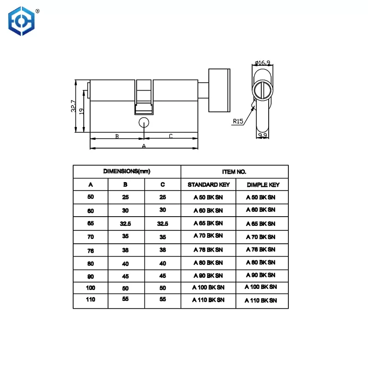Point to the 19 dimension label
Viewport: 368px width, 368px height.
[x=82, y=112]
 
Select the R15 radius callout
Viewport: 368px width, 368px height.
[x=238, y=121]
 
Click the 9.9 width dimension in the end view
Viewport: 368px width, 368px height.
[x=263, y=135]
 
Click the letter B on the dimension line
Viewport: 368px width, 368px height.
[x=117, y=136]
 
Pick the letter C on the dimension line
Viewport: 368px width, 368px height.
[x=170, y=136]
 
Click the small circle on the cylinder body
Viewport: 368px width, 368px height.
[x=144, y=122]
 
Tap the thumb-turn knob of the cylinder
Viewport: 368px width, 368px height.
[x=219, y=90]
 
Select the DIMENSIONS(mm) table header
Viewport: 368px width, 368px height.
[x=127, y=171]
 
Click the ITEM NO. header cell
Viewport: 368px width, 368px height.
[x=234, y=171]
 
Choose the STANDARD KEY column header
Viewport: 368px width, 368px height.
[x=208, y=185]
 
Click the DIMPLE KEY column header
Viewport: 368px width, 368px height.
[x=263, y=185]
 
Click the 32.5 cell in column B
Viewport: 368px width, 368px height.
[x=126, y=224]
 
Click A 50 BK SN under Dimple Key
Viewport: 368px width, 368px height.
[x=261, y=197]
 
